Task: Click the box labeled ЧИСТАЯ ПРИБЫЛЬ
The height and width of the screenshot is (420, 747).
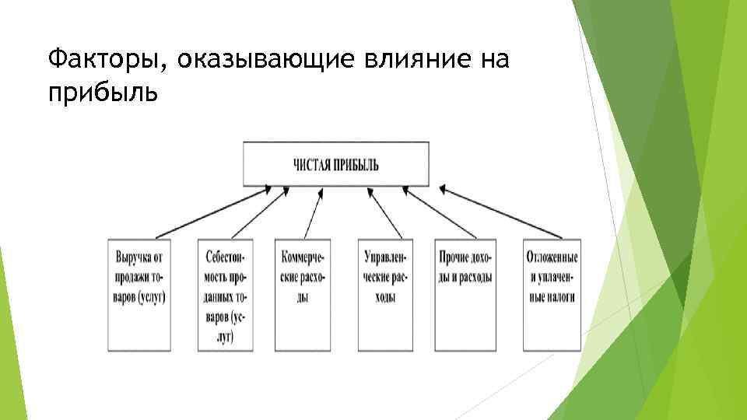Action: pos(335,165)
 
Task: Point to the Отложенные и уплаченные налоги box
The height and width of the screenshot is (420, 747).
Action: pos(552,295)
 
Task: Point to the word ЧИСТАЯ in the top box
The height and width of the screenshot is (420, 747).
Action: pos(311,165)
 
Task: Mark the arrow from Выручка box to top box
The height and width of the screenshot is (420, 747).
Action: pos(212,211)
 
